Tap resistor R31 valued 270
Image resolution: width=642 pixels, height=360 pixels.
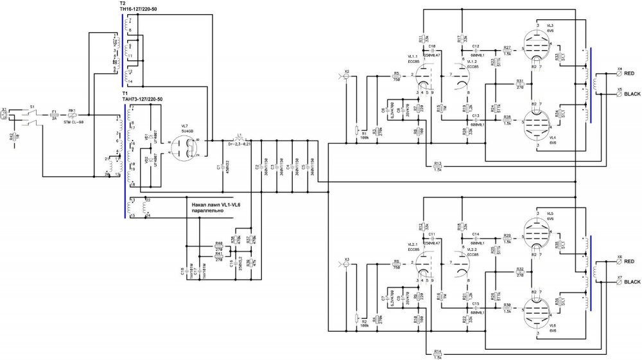(x=520, y=85)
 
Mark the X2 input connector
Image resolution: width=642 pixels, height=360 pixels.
(x=347, y=76)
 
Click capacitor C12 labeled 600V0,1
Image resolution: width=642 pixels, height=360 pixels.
(x=476, y=51)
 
